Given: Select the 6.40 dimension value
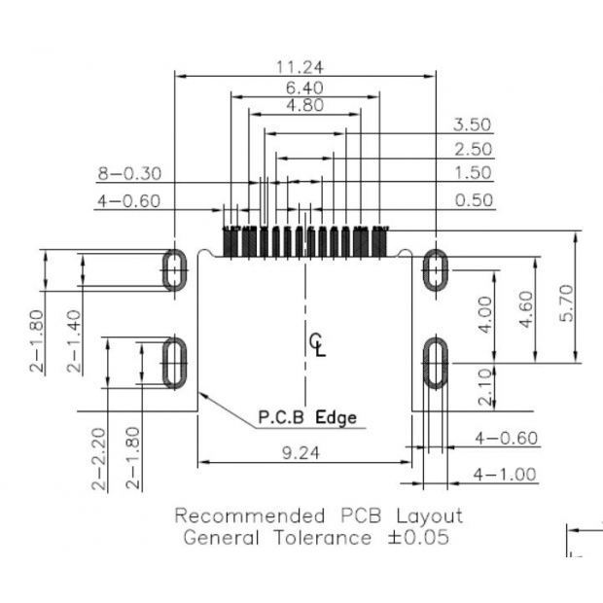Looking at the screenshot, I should coord(304,88).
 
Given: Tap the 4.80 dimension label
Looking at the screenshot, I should coord(304,106).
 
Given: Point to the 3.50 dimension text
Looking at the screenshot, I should coord(473,124).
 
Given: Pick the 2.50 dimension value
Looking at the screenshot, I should coord(473,150).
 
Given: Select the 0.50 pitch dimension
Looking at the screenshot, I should coord(473,200).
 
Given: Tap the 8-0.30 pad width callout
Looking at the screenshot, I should coord(128,175).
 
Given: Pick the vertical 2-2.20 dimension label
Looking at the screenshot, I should coord(98,459).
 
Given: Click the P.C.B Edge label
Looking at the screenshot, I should coord(306,418).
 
